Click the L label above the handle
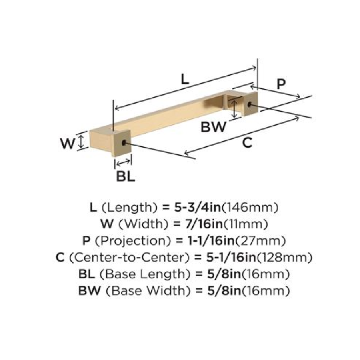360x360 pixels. [x=184, y=78]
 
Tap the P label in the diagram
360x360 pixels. [x=282, y=84]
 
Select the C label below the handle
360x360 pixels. [x=248, y=142]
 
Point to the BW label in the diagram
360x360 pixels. [x=213, y=127]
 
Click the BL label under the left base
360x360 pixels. [x=126, y=176]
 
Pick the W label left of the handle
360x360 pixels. [x=68, y=143]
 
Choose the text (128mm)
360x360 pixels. [x=284, y=258]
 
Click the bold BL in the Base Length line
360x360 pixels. [x=87, y=274]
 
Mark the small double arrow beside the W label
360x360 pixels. [x=81, y=141]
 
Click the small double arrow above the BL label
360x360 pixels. [x=123, y=162]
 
